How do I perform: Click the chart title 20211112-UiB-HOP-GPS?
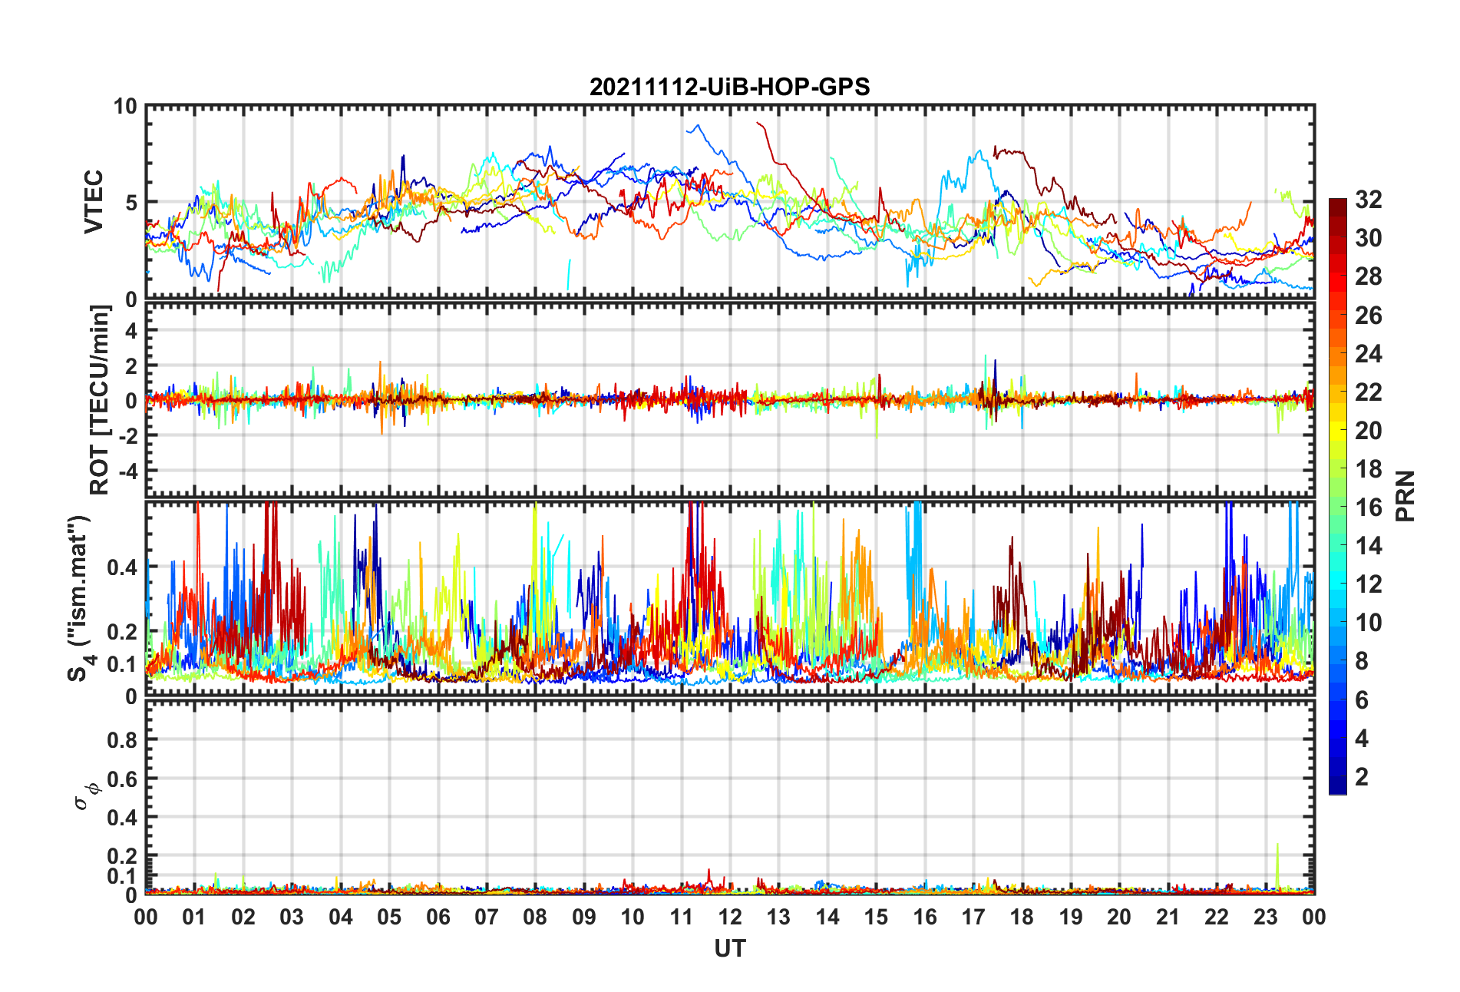pyautogui.click(x=729, y=87)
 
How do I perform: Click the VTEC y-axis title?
pyautogui.click(x=94, y=202)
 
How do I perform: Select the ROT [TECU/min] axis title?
pyautogui.click(x=100, y=399)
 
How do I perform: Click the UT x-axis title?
pyautogui.click(x=729, y=949)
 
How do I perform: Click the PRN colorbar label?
pyautogui.click(x=1405, y=496)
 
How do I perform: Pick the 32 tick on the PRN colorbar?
pyautogui.click(x=1368, y=200)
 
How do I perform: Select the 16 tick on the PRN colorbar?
pyautogui.click(x=1368, y=508)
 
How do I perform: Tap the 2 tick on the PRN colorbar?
pyautogui.click(x=1362, y=777)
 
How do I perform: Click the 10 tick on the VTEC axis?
pyautogui.click(x=125, y=107)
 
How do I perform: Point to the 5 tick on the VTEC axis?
pyautogui.click(x=130, y=203)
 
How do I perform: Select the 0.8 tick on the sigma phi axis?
pyautogui.click(x=121, y=740)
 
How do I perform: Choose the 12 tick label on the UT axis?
pyautogui.click(x=730, y=918)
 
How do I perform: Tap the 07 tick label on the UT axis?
pyautogui.click(x=487, y=918)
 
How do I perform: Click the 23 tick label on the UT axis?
pyautogui.click(x=1265, y=918)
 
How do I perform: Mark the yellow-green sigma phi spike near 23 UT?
pyautogui.click(x=1277, y=845)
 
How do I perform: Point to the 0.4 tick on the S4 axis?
pyautogui.click(x=121, y=567)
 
